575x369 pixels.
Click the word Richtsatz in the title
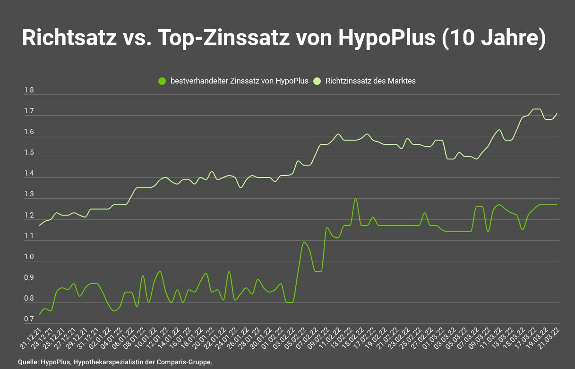(69, 38)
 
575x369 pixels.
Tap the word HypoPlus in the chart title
(386, 38)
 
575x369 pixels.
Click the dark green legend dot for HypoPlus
(162, 81)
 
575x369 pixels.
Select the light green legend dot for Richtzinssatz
(317, 81)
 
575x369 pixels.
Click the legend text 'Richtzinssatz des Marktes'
(370, 81)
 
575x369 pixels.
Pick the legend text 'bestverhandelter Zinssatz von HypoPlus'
(239, 81)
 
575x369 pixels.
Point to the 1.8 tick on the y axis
(29, 91)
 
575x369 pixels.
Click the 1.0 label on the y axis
(29, 257)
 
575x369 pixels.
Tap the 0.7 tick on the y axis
(29, 319)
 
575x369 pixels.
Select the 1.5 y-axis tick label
(29, 153)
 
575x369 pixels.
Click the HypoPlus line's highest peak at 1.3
(355, 199)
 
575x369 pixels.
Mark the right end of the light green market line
(557, 114)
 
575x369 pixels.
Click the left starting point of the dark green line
(40, 314)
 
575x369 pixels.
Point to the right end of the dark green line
(557, 205)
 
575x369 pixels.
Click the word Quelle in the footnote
(28, 362)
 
